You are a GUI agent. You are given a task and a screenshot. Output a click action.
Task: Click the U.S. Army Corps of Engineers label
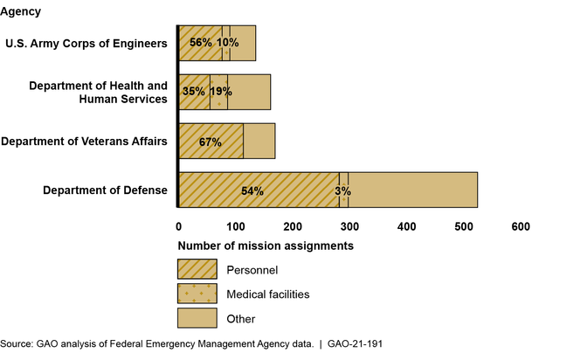(86, 43)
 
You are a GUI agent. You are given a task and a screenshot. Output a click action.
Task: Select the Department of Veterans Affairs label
(84, 141)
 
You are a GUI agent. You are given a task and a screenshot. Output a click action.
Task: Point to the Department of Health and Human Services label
(97, 92)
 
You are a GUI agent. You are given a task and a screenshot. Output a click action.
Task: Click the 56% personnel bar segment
(200, 43)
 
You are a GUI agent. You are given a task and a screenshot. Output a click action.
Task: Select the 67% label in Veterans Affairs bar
(211, 141)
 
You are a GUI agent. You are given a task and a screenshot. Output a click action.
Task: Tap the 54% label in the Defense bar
(252, 190)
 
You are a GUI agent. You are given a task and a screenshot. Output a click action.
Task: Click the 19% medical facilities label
(220, 91)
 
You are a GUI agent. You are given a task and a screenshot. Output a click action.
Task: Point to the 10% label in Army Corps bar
(228, 43)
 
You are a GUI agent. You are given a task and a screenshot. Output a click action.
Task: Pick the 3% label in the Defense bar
(343, 190)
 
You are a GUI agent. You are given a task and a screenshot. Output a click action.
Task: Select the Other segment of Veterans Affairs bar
(259, 141)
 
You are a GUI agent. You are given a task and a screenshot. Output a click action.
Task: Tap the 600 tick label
(521, 226)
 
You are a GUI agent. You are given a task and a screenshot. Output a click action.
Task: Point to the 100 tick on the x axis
(236, 226)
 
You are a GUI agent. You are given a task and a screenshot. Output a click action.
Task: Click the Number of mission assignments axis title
(265, 246)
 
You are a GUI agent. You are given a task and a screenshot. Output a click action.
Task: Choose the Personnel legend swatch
(197, 269)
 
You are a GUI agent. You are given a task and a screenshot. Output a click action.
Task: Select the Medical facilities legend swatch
(197, 294)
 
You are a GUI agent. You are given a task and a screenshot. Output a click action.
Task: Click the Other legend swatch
(197, 318)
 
